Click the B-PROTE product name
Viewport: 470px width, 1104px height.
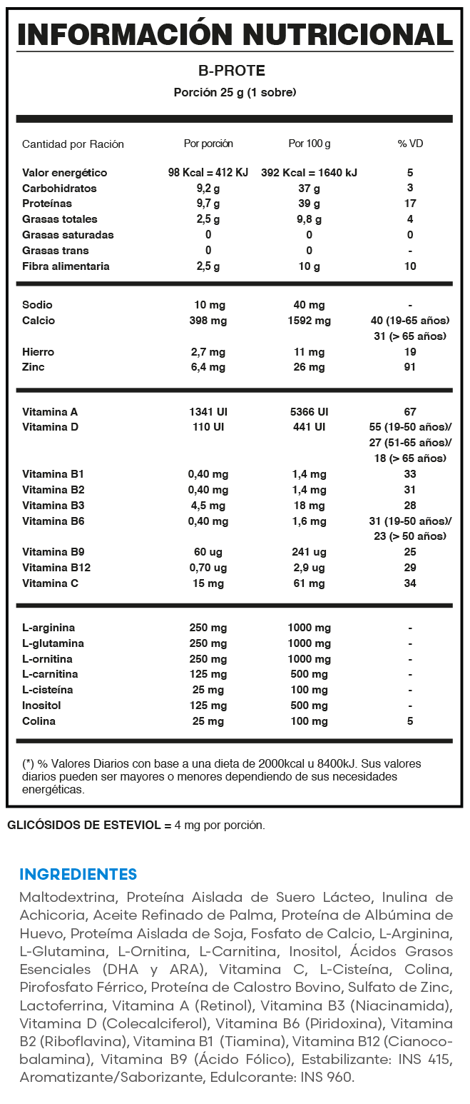click(x=235, y=71)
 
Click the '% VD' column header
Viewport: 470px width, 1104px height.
click(x=410, y=144)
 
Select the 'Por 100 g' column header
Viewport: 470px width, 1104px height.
click(x=309, y=144)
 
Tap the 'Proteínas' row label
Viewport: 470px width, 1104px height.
click(x=47, y=204)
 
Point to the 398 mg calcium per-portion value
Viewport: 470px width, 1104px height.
click(x=208, y=321)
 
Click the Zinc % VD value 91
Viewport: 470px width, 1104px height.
click(x=410, y=367)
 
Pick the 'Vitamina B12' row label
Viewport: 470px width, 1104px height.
click(x=56, y=568)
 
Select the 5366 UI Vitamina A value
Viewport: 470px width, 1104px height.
click(x=309, y=412)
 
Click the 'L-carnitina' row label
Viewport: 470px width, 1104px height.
click(x=50, y=674)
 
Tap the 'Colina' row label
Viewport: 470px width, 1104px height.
click(x=39, y=721)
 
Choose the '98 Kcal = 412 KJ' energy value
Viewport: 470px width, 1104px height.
click(x=208, y=173)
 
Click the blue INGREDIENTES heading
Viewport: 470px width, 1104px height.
click(x=78, y=874)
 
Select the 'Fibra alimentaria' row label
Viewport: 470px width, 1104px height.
click(x=66, y=266)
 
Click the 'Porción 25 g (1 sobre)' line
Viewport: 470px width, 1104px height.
click(x=235, y=92)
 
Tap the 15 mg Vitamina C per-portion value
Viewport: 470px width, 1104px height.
click(x=208, y=583)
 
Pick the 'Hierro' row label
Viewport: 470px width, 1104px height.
click(x=38, y=352)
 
